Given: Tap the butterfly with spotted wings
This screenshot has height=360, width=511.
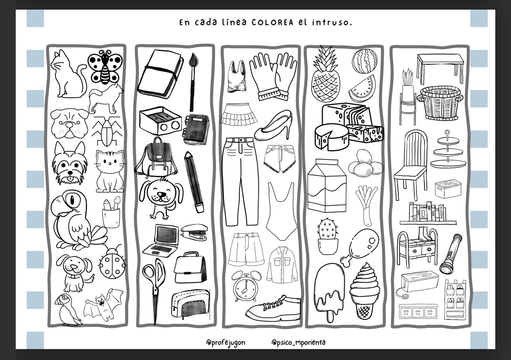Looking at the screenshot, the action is point(105,67).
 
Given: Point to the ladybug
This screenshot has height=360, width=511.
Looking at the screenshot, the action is point(113,263).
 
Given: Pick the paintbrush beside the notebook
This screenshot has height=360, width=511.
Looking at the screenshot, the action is point(193,82).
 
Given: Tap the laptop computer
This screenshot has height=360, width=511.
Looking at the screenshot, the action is point(161,241).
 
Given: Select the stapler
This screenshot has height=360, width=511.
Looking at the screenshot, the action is point(194,232).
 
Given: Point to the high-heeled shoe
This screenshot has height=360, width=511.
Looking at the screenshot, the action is point(273,125).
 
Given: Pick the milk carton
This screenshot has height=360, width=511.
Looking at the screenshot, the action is point(327,185).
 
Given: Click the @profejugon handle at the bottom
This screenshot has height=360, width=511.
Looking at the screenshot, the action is point(225,343).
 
